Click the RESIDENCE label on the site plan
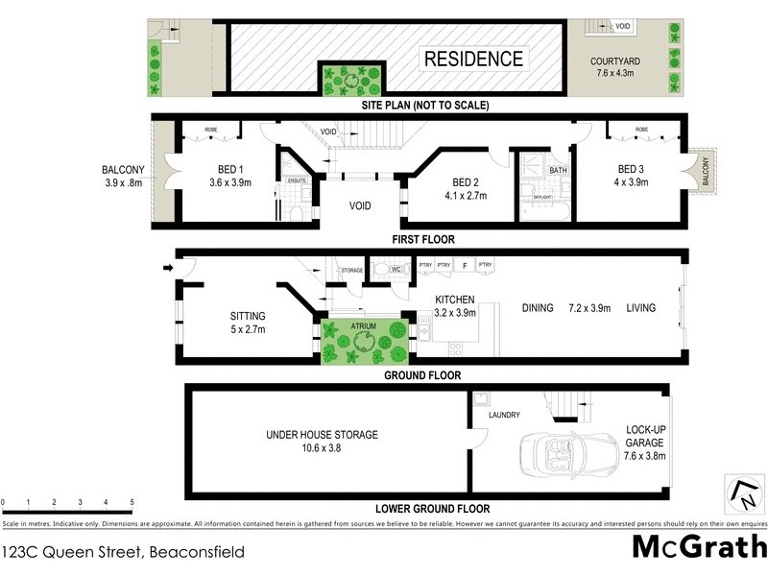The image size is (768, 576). coord(474,59)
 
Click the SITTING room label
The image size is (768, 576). coord(248,316)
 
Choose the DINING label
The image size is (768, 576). coord(538,308)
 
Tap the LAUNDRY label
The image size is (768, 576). coord(504,415)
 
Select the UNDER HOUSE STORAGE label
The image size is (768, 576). coord(322,435)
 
